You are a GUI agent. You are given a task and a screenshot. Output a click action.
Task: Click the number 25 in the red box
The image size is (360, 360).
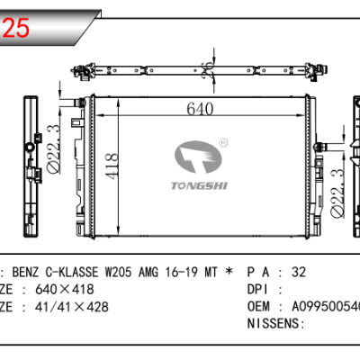17,27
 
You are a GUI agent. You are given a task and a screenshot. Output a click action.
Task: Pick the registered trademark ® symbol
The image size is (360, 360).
222,140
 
